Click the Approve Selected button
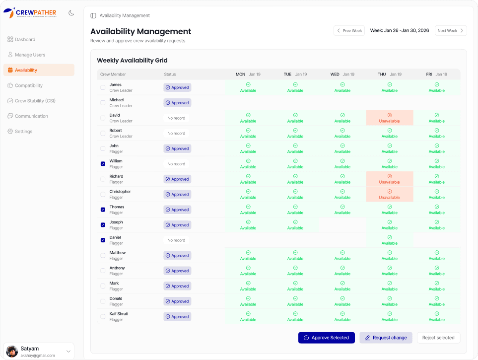coord(326,338)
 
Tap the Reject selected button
coord(438,338)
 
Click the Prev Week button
coord(349,31)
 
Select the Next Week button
coord(451,31)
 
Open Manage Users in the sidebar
coord(30,55)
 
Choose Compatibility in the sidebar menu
coord(29,85)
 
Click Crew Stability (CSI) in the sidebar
coord(35,101)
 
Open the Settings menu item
coord(23,132)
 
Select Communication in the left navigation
coord(31,116)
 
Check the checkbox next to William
coord(103,164)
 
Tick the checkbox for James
coord(103,87)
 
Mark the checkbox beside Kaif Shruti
coord(103,317)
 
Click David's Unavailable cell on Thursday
coord(389,118)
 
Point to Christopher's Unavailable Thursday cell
coord(389,194)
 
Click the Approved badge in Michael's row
coord(177,103)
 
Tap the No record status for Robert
coord(176,133)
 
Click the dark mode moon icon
coord(71,13)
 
